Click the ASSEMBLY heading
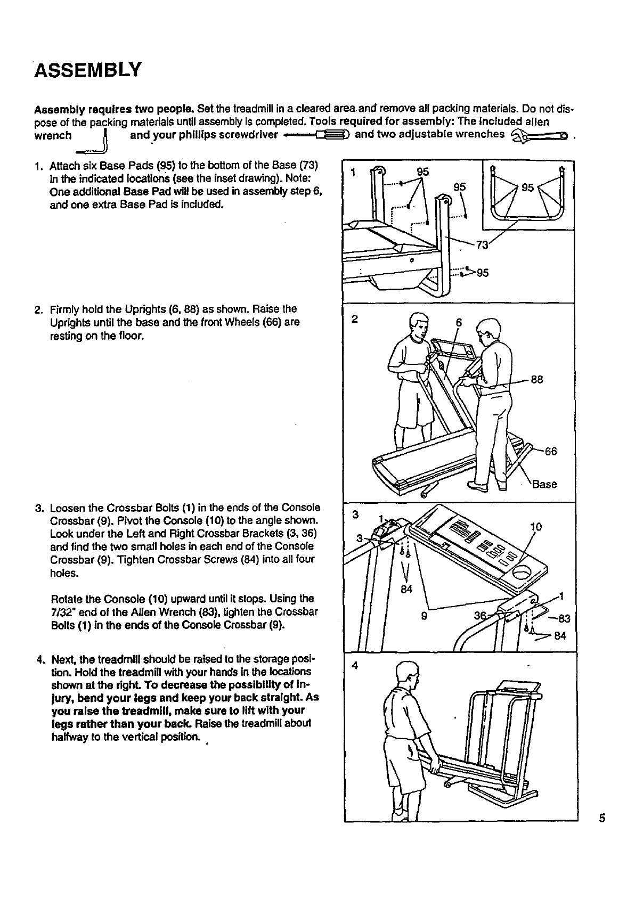click(88, 69)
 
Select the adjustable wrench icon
click(540, 135)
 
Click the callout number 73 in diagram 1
click(482, 245)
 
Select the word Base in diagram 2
click(544, 484)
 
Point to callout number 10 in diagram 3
click(536, 527)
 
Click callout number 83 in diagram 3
click(564, 618)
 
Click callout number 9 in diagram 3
click(425, 616)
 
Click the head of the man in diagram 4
click(405, 674)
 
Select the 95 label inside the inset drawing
click(528, 187)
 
